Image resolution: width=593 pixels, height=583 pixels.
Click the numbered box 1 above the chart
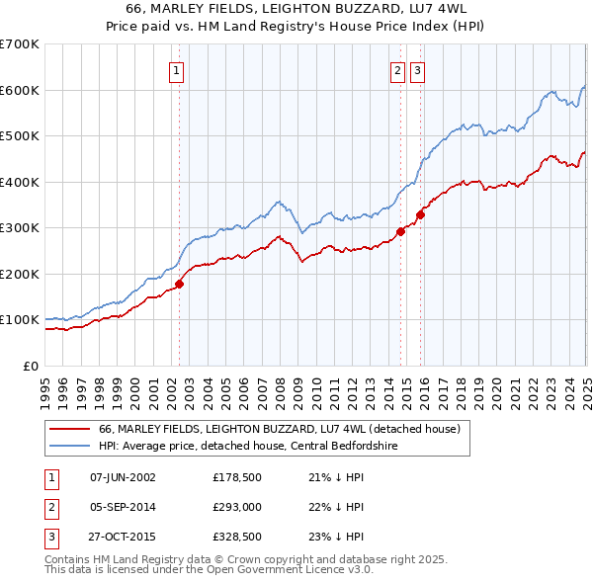pyautogui.click(x=176, y=70)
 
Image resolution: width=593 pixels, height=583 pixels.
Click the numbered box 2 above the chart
pyautogui.click(x=397, y=70)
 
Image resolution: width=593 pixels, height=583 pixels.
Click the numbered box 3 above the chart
pyautogui.click(x=417, y=70)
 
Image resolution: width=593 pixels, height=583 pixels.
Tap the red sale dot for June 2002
pyautogui.click(x=180, y=284)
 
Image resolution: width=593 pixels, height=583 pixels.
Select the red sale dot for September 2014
pyautogui.click(x=401, y=231)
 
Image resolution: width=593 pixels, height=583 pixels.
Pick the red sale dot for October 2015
pyautogui.click(x=421, y=214)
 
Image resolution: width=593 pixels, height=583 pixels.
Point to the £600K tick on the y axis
pyautogui.click(x=20, y=90)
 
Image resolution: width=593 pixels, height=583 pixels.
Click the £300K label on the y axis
pyautogui.click(x=20, y=227)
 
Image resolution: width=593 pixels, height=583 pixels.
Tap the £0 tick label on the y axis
pyautogui.click(x=30, y=366)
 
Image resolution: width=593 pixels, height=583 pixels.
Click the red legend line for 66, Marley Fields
pyautogui.click(x=69, y=430)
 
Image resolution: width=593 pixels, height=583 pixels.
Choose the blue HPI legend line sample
pyautogui.click(x=69, y=446)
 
